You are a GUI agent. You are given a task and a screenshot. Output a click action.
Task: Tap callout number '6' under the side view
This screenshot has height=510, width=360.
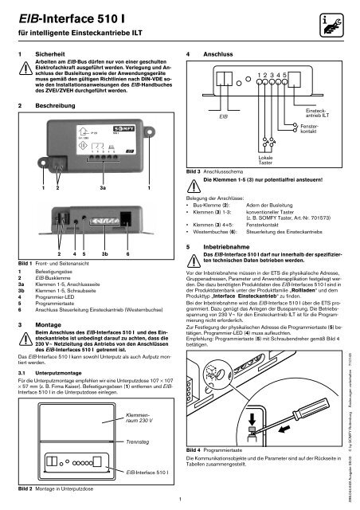(x=128, y=254)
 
